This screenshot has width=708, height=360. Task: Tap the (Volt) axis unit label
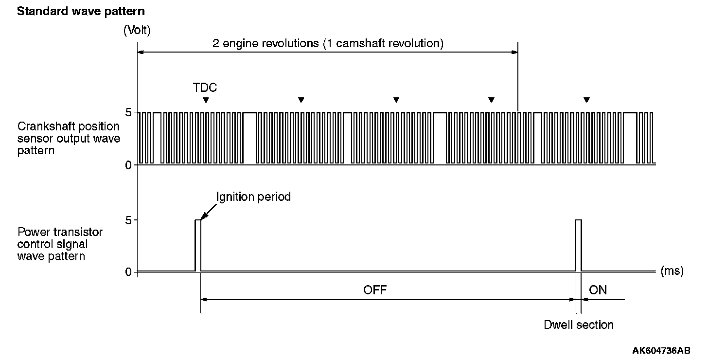click(137, 31)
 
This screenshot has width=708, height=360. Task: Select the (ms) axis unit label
click(672, 271)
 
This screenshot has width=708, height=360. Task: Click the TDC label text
click(205, 88)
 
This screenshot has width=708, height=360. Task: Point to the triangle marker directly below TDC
click(206, 100)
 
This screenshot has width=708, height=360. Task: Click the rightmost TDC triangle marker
click(586, 100)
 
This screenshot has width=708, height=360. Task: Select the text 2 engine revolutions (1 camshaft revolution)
click(328, 43)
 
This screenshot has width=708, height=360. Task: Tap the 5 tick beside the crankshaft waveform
click(128, 112)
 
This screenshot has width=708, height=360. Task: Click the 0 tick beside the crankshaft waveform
click(128, 165)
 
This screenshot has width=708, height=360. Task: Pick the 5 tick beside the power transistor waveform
click(128, 220)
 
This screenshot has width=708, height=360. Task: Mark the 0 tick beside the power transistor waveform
click(128, 271)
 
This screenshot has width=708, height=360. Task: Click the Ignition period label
click(253, 197)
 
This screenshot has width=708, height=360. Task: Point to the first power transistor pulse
click(198, 245)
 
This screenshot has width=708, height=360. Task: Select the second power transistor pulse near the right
click(579, 245)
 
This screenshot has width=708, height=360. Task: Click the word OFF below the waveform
click(375, 290)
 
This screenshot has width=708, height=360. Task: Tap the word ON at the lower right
click(598, 290)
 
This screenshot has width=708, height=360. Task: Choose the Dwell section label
click(579, 324)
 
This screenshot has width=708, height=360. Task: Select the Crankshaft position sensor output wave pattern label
click(69, 139)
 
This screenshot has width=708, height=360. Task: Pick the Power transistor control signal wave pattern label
click(60, 244)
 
